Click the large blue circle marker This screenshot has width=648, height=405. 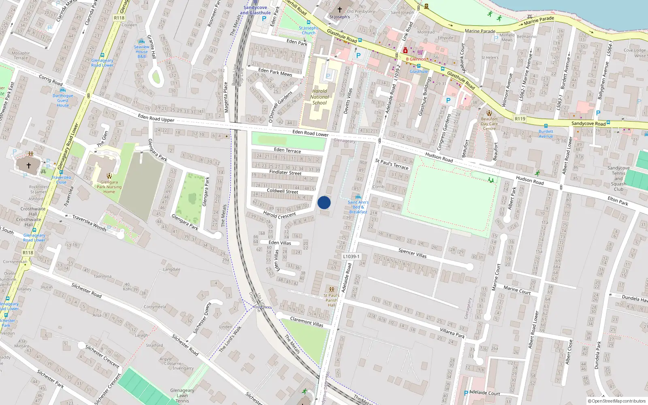click(324, 202)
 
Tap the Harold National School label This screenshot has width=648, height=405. click(320, 97)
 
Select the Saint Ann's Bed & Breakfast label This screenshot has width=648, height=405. click(358, 207)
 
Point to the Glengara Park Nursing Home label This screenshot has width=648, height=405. click(109, 187)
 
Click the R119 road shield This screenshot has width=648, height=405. click(520, 119)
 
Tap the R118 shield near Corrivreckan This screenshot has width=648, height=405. click(28, 253)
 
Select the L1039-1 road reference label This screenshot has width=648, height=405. click(351, 256)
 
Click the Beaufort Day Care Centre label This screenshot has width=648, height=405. click(489, 124)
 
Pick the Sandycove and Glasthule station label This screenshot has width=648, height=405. click(255, 10)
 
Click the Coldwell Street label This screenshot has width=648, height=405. click(282, 191)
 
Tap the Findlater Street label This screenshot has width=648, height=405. click(285, 173)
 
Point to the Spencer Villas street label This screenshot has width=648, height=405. click(412, 253)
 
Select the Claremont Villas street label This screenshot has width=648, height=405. click(307, 322)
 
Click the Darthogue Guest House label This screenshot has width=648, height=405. click(63, 100)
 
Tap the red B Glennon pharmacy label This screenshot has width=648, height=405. click(416, 59)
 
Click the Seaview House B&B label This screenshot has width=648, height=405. click(142, 51)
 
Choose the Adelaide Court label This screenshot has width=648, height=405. click(484, 393)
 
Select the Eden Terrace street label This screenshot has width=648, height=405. click(288, 150)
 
